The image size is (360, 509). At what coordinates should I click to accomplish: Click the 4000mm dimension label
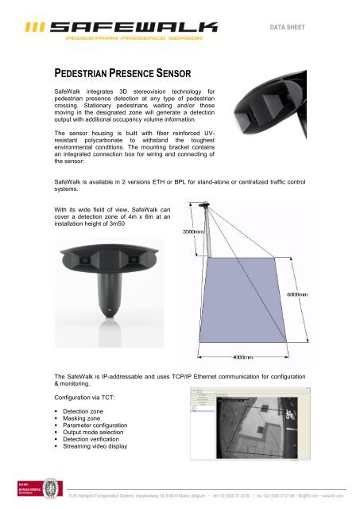[243, 357]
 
